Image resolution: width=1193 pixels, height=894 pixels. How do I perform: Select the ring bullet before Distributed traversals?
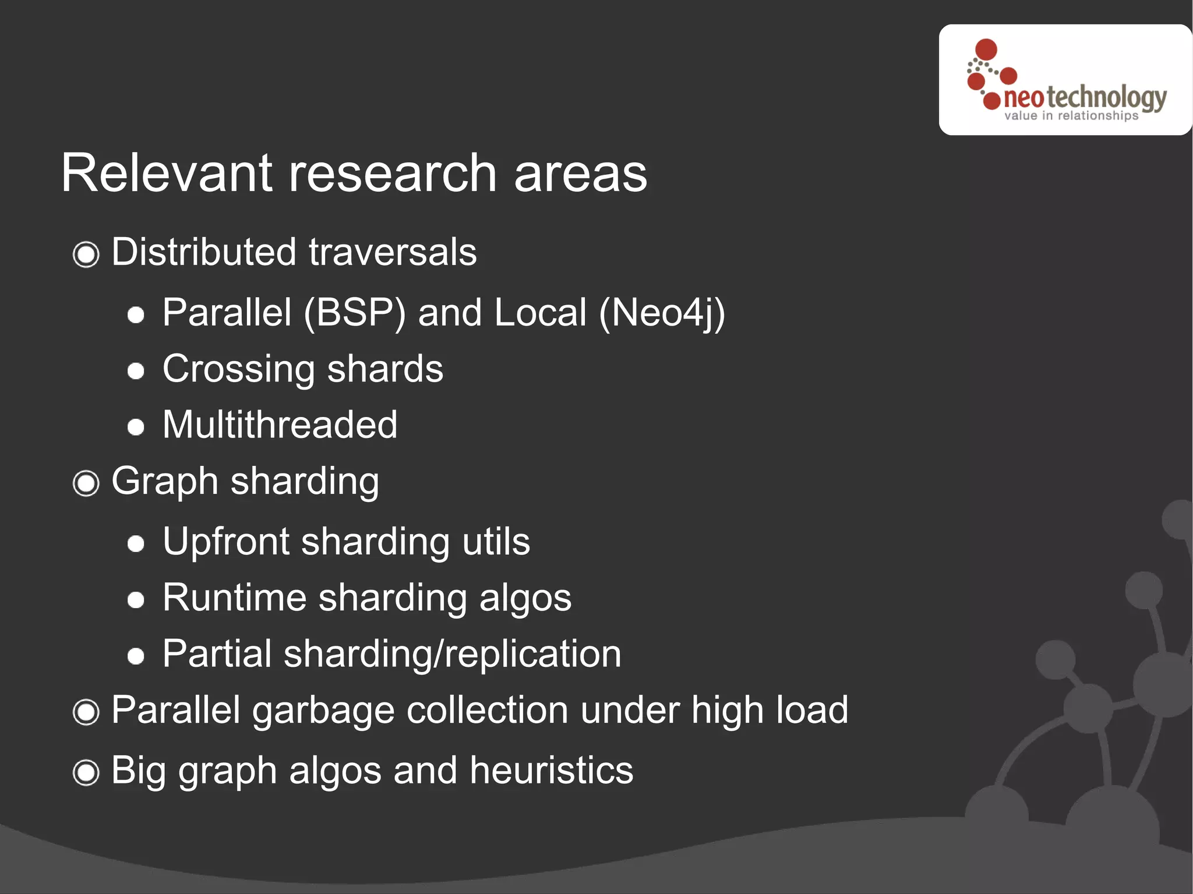[x=86, y=254]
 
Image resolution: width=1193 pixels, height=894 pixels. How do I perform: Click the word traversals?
[x=393, y=252]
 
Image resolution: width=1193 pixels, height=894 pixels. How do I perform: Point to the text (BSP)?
[x=354, y=313]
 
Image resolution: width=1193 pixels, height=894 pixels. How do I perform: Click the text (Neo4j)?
[x=662, y=313]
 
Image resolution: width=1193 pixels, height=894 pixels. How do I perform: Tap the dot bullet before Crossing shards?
[x=136, y=371]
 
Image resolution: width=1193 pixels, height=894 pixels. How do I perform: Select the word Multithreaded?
[x=280, y=424]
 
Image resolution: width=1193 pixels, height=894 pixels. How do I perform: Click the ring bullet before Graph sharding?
[x=86, y=483]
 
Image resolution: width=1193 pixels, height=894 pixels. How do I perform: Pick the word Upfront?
[x=226, y=542]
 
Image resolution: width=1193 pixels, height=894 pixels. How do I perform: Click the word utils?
[x=496, y=542]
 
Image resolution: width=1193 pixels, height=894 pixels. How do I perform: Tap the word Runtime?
[x=234, y=598]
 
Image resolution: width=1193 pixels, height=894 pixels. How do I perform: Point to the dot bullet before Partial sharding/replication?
[x=136, y=656]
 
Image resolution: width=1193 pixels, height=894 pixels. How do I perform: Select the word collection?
[x=488, y=711]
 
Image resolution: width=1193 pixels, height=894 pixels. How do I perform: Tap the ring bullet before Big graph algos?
[x=86, y=772]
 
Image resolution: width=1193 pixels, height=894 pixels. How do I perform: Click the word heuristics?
[x=551, y=770]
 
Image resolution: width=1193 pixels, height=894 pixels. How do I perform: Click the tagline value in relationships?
[x=1071, y=116]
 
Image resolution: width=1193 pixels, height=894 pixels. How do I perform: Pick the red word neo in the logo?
[x=1023, y=98]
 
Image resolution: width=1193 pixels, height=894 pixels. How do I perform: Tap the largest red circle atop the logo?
[x=986, y=50]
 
